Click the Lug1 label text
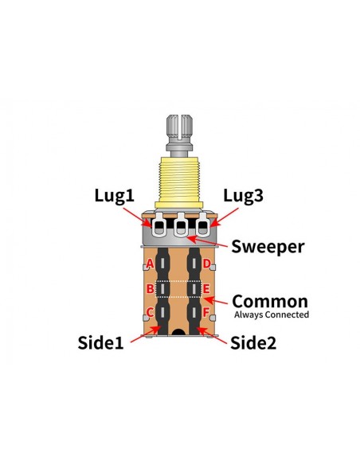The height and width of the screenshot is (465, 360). (114, 197)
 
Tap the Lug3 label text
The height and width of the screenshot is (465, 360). (243, 197)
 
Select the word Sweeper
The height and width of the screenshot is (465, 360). (268, 247)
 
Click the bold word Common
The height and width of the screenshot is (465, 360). (270, 301)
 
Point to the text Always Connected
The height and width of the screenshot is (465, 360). (272, 315)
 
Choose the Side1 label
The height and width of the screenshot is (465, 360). (100, 343)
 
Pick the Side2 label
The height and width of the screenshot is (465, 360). (253, 343)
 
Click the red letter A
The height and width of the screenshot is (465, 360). (151, 264)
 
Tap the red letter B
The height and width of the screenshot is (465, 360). (151, 288)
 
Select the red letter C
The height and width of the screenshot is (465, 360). (151, 312)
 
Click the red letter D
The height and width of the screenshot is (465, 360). (206, 264)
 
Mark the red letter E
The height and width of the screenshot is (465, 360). (206, 288)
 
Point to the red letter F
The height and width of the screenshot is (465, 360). (206, 312)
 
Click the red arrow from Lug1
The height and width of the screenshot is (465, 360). (137, 217)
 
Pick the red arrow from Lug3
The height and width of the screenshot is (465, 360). (224, 218)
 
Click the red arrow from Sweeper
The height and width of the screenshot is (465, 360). (207, 241)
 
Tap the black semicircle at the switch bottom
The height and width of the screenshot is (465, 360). (178, 332)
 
